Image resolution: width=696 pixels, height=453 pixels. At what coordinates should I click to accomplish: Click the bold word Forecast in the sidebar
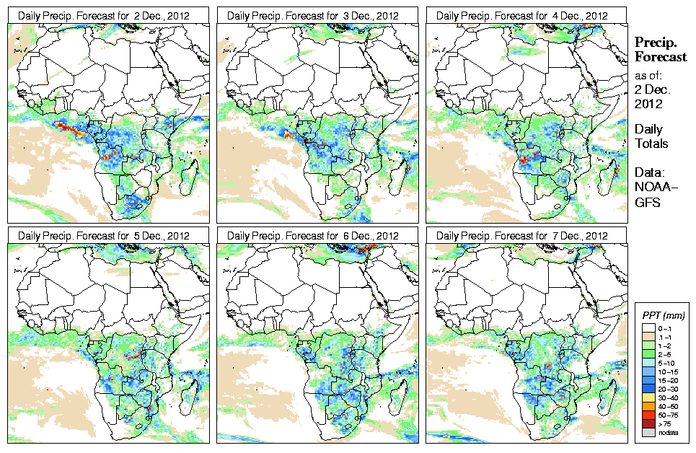(661, 58)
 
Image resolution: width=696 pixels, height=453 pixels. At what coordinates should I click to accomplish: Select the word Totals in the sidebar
(651, 144)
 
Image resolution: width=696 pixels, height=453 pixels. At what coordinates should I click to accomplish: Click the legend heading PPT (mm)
(664, 315)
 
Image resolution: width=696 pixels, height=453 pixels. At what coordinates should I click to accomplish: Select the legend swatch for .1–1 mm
(647, 336)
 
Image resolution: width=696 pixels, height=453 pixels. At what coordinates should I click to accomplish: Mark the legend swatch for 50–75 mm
(647, 415)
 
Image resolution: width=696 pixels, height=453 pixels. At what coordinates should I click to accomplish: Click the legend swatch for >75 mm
(647, 423)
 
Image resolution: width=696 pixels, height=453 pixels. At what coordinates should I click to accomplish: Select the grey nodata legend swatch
(647, 433)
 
